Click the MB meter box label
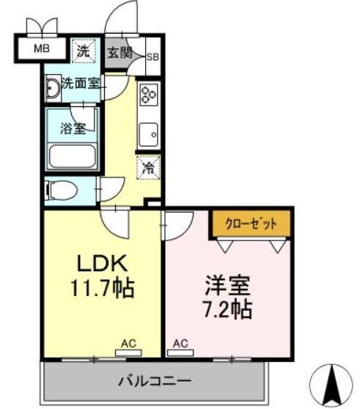click(x=42, y=49)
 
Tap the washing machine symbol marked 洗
click(x=84, y=51)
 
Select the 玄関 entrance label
click(x=120, y=53)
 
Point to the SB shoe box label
click(x=153, y=57)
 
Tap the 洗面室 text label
click(x=81, y=84)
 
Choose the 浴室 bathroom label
click(x=73, y=128)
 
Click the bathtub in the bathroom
click(x=73, y=157)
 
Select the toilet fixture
click(x=62, y=190)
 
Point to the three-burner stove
click(x=149, y=94)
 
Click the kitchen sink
click(x=148, y=135)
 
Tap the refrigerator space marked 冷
click(x=148, y=167)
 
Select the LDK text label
click(x=102, y=263)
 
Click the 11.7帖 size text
click(x=103, y=288)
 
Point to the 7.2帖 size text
click(x=228, y=309)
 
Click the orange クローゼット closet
click(x=251, y=224)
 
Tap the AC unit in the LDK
click(x=128, y=353)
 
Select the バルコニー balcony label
click(x=155, y=381)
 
